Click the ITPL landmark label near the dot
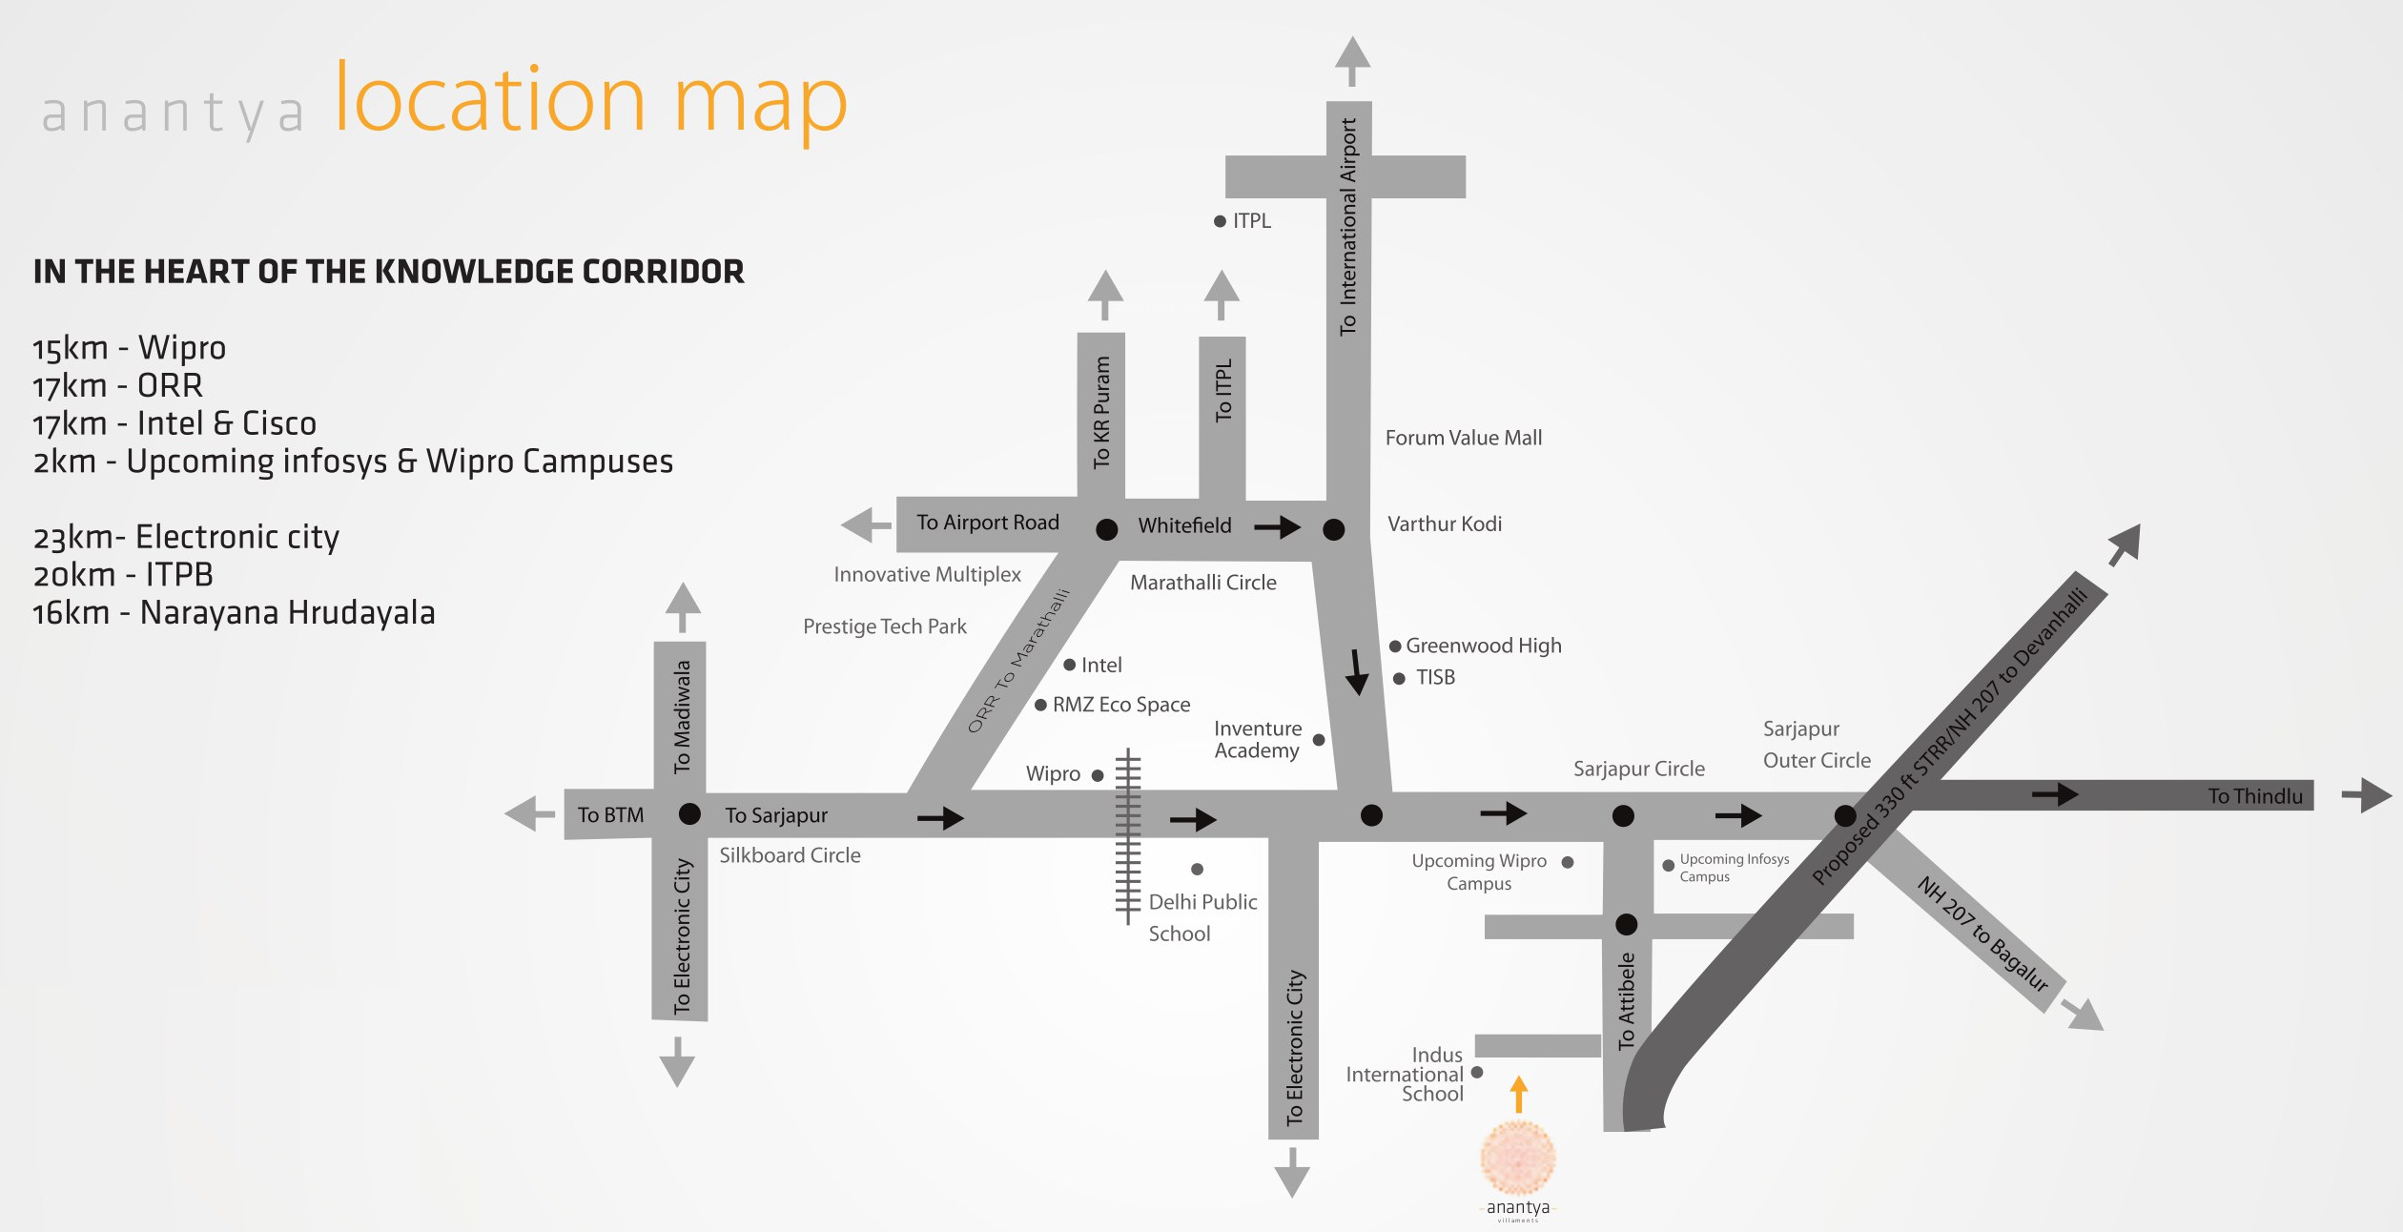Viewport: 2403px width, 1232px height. click(1251, 221)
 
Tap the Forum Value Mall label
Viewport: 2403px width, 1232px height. click(1463, 438)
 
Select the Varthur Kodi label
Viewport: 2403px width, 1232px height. click(1444, 524)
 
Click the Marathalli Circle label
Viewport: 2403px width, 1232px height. click(1202, 583)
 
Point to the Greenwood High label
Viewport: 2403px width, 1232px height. click(1483, 646)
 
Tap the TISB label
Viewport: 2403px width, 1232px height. click(1435, 677)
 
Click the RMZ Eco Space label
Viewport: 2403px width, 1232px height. click(1120, 705)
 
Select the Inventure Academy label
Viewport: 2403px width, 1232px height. click(1257, 740)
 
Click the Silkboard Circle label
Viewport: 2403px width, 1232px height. click(790, 855)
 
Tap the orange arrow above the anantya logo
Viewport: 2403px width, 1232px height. click(1519, 1094)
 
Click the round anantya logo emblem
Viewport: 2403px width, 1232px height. click(1518, 1158)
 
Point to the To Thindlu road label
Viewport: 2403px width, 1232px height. click(2254, 796)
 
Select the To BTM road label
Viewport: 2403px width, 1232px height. click(610, 815)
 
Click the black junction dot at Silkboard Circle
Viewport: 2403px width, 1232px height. click(689, 814)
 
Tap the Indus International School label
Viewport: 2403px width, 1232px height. click(1405, 1075)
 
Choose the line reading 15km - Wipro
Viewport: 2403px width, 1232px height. click(130, 348)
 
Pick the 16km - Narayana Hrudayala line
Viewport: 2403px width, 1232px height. click(234, 613)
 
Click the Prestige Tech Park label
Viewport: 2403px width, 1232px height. click(884, 626)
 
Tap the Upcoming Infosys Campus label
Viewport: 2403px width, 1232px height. click(1733, 868)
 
